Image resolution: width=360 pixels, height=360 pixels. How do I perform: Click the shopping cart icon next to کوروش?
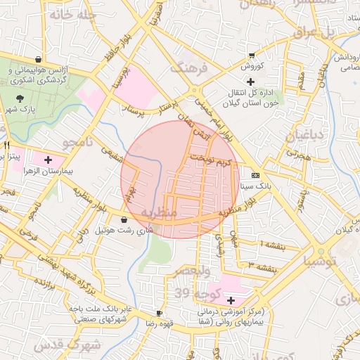coord(252,56)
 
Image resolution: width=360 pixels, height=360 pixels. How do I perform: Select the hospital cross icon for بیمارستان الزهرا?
coord(47,159)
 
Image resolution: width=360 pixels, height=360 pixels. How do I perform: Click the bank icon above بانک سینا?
coord(255,175)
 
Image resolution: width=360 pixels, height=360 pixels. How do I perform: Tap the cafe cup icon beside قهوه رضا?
coord(159,313)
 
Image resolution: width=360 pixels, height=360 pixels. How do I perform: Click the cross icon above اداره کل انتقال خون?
coord(250,82)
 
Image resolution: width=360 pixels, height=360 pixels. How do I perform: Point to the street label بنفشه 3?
coord(260,264)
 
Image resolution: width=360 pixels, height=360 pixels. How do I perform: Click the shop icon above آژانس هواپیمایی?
coord(37,59)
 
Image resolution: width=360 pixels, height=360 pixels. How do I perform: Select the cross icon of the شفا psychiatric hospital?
coord(231,300)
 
